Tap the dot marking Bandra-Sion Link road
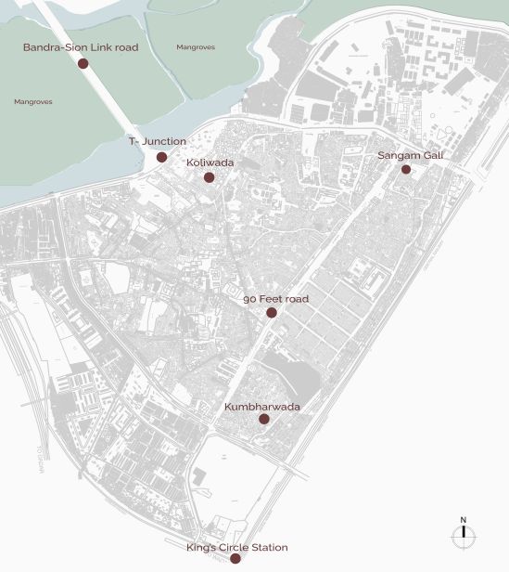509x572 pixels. pos(83,63)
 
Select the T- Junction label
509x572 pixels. pos(157,141)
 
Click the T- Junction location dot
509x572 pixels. pos(161,157)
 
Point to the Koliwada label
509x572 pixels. pos(210,162)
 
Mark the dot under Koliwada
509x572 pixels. pos(210,177)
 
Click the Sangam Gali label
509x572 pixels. pos(410,155)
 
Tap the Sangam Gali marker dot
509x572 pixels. pos(406,169)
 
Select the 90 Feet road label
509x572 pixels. pos(275,300)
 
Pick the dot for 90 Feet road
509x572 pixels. pos(272,313)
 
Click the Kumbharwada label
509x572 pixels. pos(262,407)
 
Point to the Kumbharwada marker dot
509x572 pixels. pos(263,420)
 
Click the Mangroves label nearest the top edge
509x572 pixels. pos(194,45)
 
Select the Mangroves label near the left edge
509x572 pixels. pos(33,101)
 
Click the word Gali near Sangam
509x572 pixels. pos(431,155)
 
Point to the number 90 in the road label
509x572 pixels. pos(248,300)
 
